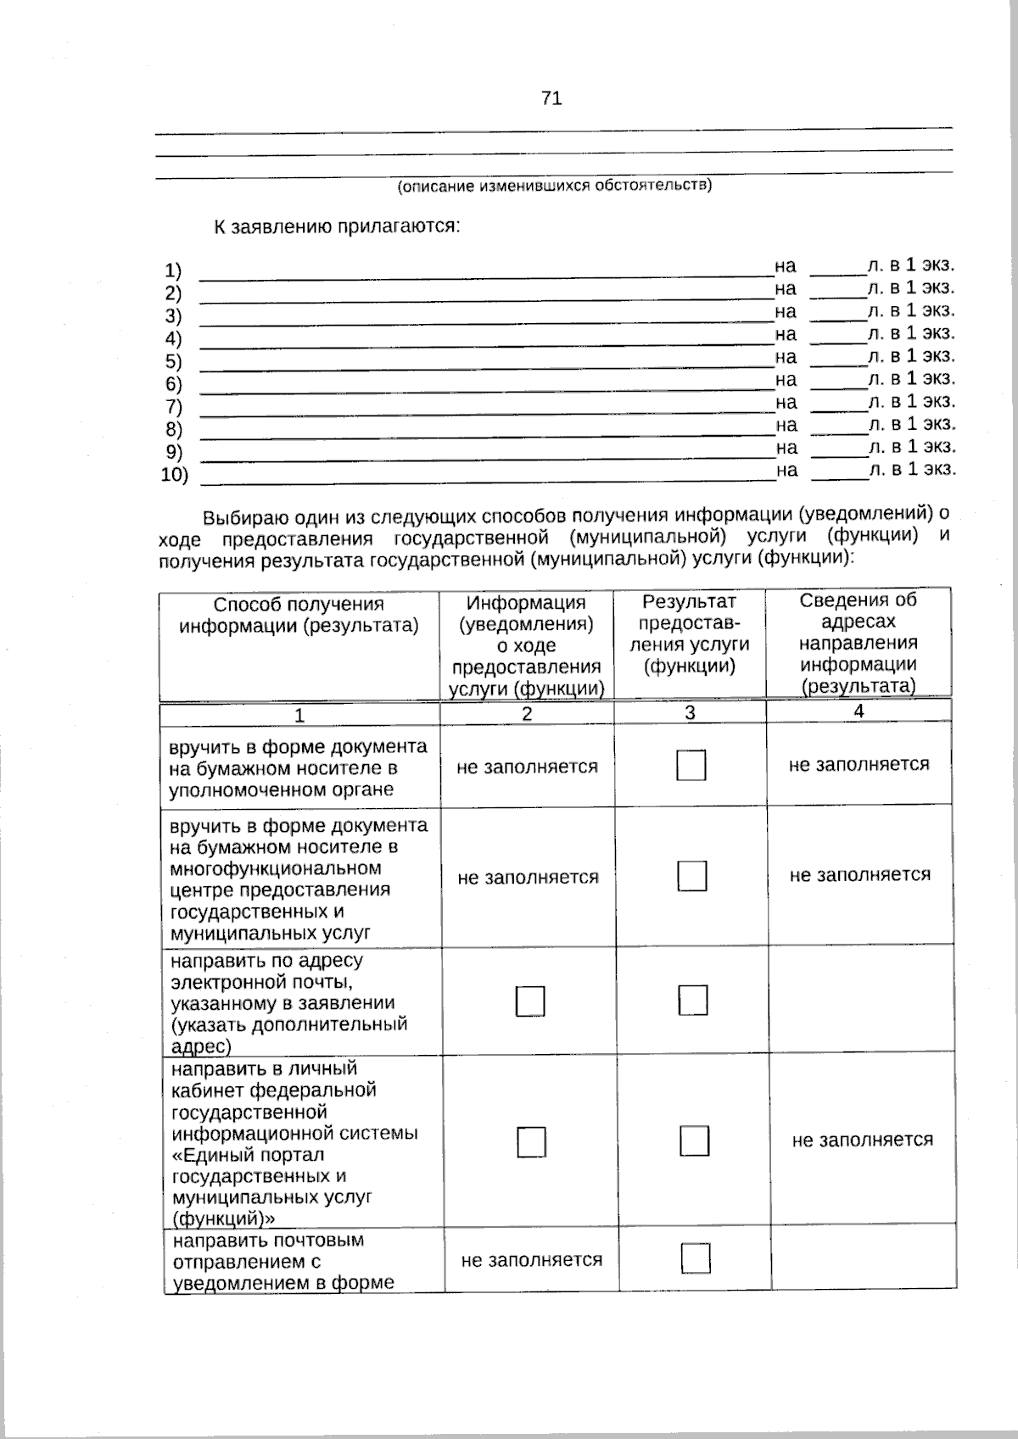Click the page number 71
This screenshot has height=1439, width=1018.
[x=551, y=98]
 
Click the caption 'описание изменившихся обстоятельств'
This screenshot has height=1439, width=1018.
[x=555, y=185]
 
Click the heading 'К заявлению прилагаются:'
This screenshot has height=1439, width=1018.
[x=336, y=227]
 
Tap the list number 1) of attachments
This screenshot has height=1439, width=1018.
[x=173, y=271]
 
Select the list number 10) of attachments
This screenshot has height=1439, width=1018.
[x=175, y=475]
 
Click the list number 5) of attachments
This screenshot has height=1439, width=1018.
[x=173, y=362]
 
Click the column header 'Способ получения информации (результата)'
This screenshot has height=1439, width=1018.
[x=299, y=615]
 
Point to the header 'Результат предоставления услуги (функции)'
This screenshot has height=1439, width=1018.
[x=689, y=633]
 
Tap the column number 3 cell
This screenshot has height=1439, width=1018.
[x=690, y=713]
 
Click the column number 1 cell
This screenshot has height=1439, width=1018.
[x=299, y=716]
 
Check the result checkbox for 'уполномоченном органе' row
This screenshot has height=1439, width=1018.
[x=691, y=766]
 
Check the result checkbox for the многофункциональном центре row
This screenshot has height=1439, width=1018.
[x=692, y=876]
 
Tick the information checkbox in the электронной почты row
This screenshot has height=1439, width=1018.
[x=530, y=1001]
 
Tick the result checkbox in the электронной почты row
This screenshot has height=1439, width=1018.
[x=693, y=1001]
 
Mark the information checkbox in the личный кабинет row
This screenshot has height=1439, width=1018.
[x=532, y=1142]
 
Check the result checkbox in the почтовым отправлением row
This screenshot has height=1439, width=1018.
[x=696, y=1258]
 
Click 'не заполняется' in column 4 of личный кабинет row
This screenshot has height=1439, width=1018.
[x=862, y=1140]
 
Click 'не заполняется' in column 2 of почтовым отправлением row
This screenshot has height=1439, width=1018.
[x=531, y=1260]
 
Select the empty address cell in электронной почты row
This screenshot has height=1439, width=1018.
[x=860, y=1001]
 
